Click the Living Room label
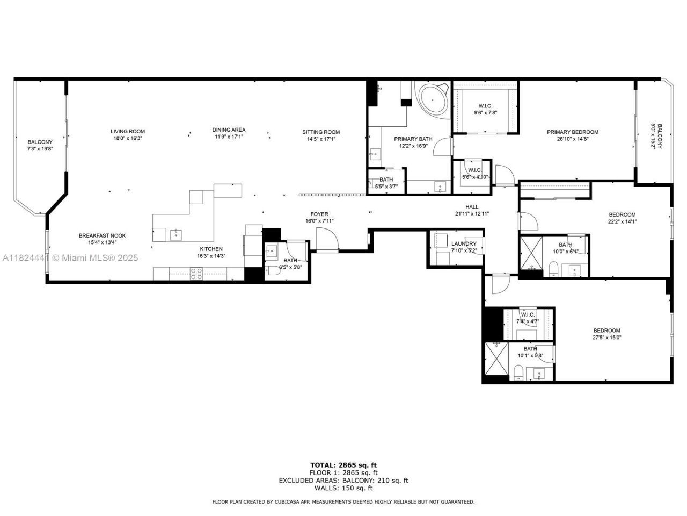128,131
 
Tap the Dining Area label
229,130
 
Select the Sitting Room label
321,132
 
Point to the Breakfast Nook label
102,235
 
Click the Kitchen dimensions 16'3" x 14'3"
211,256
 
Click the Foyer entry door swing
327,239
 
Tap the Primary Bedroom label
572,132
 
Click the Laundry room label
464,243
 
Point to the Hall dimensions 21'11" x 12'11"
472,213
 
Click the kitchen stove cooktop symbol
196,274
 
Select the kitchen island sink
176,234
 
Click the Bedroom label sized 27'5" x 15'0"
606,331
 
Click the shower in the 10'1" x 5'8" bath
496,361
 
